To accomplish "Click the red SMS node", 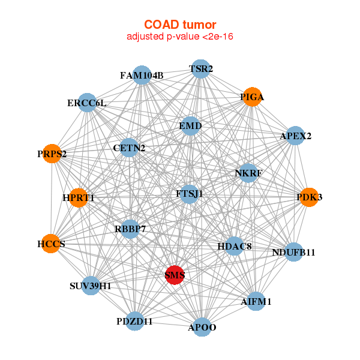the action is coord(175,275).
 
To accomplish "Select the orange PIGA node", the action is coord(252,97).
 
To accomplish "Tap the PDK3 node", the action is coord(309,197).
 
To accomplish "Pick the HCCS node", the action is coord(51,244).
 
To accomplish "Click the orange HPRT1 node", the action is coord(79,197).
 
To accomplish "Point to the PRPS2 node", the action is coord(52,154).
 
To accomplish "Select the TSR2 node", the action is coord(201,69).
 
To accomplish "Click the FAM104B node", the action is coord(142,75).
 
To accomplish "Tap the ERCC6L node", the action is coord(87,103).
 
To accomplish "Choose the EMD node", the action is coord(190,126).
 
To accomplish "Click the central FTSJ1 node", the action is coord(190,194).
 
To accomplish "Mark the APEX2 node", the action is coord(295,136).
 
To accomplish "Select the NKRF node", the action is coord(248,173).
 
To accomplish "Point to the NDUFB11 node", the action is coord(293,252).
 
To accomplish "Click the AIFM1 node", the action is coord(256,301).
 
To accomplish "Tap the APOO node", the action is coord(202,327).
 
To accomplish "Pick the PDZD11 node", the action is coord(135,321).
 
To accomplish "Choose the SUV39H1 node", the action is coord(91,286).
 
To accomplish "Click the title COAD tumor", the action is coord(180,25).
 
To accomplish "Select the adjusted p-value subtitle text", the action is coord(180,37).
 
